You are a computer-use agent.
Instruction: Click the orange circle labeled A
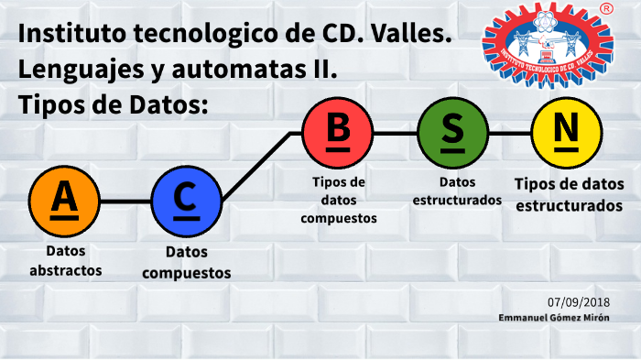pyautogui.click(x=64, y=201)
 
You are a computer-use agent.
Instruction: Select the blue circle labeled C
pyautogui.click(x=186, y=201)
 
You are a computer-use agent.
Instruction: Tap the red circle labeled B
pyautogui.click(x=338, y=133)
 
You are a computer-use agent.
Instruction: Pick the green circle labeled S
pyautogui.click(x=452, y=133)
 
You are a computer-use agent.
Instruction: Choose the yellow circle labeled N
pyautogui.click(x=567, y=133)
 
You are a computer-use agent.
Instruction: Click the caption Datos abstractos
pyautogui.click(x=65, y=261)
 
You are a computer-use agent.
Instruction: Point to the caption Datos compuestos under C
pyautogui.click(x=186, y=262)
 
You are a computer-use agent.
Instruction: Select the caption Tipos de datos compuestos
pyautogui.click(x=338, y=200)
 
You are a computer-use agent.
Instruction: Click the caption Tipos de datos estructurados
pyautogui.click(x=568, y=195)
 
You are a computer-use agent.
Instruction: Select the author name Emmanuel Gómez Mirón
pyautogui.click(x=555, y=317)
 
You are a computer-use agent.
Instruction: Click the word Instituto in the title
pyautogui.click(x=69, y=36)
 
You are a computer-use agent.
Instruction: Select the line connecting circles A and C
pyautogui.click(x=125, y=201)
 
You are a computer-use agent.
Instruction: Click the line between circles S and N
pyautogui.click(x=509, y=133)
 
